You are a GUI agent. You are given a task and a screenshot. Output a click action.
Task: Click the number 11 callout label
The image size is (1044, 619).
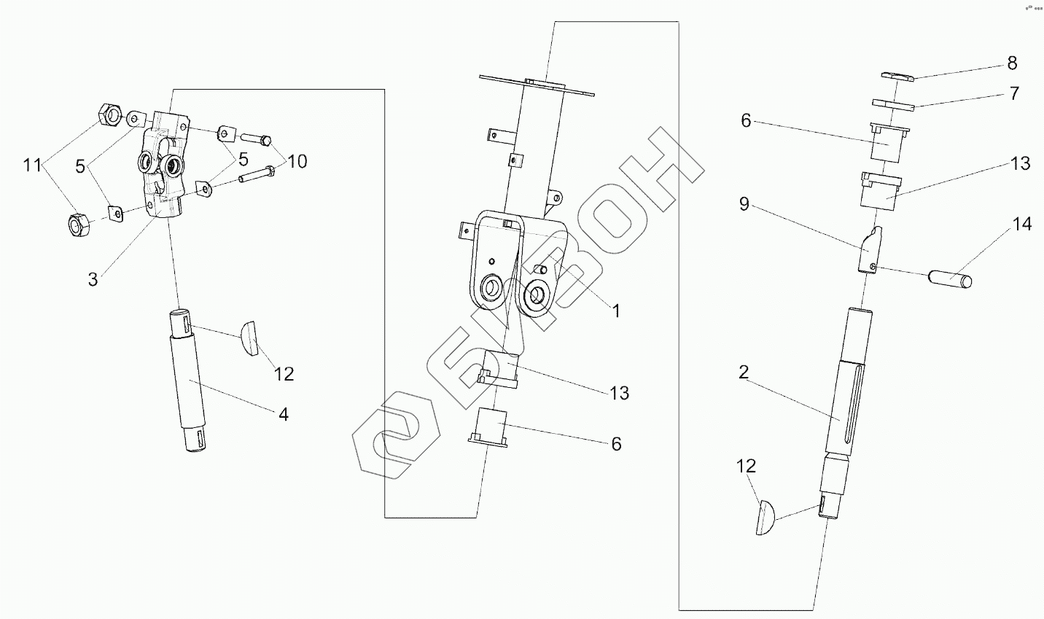point(32,166)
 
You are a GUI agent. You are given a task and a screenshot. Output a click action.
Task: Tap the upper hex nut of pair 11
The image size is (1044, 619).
point(109,114)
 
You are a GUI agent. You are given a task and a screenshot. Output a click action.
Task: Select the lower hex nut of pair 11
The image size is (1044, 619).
point(79,225)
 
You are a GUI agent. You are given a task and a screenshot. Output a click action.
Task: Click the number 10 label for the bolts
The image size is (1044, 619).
point(297,160)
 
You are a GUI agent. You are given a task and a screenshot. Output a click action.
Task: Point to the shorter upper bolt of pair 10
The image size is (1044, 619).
point(256,138)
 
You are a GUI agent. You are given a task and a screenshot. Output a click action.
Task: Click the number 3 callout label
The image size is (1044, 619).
point(93,279)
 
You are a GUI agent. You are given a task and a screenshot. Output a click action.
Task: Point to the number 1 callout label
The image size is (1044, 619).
point(616,311)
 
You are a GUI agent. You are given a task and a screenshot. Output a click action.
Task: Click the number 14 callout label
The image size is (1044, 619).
point(1023,224)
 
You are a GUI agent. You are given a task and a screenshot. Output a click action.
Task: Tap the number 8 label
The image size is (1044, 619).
point(1012,63)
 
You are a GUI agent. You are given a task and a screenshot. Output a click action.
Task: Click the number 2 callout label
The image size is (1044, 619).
point(744,373)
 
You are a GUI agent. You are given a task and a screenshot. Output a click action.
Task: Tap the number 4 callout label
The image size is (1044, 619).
point(283,414)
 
